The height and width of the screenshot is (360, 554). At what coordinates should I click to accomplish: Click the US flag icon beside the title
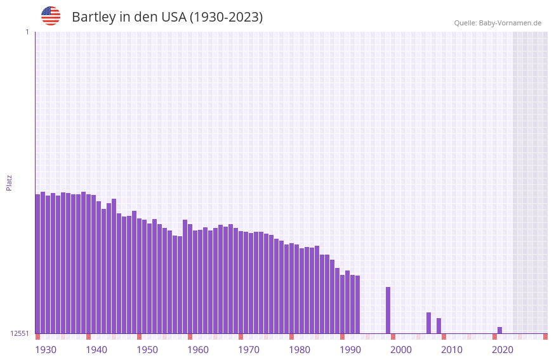[51, 16]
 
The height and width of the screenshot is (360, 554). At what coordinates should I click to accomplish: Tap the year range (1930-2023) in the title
[226, 17]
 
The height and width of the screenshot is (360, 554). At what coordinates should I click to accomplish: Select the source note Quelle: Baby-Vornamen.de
[498, 23]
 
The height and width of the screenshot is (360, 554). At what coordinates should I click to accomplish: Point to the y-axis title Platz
[9, 183]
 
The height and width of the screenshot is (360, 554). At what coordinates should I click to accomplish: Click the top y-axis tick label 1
[27, 32]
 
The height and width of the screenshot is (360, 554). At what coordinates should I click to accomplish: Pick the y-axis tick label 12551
[20, 333]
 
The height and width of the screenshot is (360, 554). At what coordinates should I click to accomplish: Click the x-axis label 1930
[46, 350]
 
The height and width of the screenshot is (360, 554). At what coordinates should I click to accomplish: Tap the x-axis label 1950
[147, 350]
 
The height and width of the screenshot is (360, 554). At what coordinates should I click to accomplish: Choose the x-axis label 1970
[249, 350]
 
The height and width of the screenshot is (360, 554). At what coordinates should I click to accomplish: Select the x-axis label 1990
[350, 350]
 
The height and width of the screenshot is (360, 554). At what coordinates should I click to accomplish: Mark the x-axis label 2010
[452, 350]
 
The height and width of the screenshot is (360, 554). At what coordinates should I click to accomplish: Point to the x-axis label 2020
[503, 350]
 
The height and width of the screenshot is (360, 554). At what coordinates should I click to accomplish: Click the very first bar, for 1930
[37, 263]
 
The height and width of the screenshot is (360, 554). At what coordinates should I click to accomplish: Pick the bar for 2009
[439, 326]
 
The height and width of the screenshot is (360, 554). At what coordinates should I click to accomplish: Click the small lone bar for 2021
[499, 330]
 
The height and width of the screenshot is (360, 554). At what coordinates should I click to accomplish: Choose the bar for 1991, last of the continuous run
[357, 304]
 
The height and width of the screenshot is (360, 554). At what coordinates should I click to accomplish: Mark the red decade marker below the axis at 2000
[393, 337]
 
